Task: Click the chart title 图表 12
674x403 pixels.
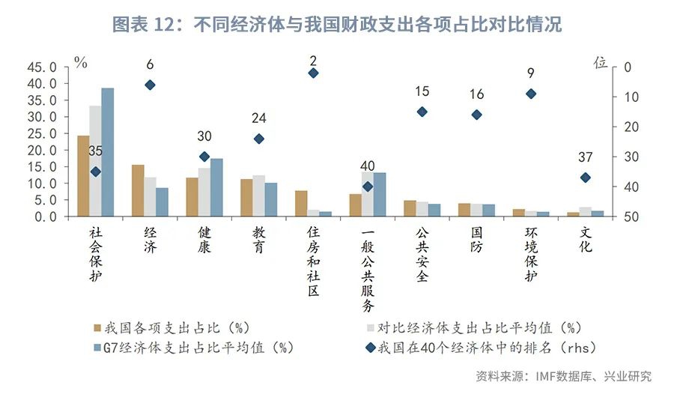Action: click(x=336, y=25)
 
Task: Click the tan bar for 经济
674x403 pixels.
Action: click(x=138, y=190)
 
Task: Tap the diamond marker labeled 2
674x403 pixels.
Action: click(x=313, y=73)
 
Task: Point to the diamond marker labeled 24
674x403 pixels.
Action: click(x=258, y=139)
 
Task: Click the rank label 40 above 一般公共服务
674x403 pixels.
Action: click(x=367, y=166)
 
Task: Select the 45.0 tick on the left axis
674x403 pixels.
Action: click(x=42, y=67)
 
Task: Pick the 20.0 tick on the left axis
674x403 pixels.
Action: click(x=42, y=150)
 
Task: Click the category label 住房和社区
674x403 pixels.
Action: click(x=313, y=262)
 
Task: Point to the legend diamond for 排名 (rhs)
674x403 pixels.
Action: click(x=371, y=347)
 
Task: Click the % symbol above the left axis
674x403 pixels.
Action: click(x=80, y=62)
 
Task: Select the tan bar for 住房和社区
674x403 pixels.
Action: click(x=301, y=203)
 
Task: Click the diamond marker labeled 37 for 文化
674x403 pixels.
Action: click(x=585, y=178)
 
